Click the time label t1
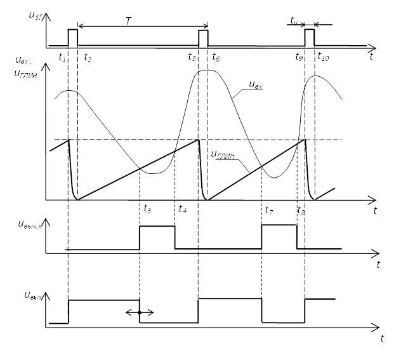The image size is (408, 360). point(62,58)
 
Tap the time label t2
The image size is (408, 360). point(87,58)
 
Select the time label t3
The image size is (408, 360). point(147,208)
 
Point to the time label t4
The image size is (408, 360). point(183,208)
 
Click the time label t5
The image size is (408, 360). point(192,57)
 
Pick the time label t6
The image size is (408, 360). point(216,58)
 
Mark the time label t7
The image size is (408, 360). point(269,210)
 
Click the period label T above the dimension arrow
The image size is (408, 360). point(128,22)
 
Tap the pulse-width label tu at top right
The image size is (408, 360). point(294,20)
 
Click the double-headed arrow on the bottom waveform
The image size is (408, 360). point(140,312)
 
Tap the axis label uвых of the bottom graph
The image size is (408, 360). point(34,295)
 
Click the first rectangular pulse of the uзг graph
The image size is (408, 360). point(72,37)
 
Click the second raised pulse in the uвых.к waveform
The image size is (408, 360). point(279,237)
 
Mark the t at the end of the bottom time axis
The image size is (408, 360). point(383,338)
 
